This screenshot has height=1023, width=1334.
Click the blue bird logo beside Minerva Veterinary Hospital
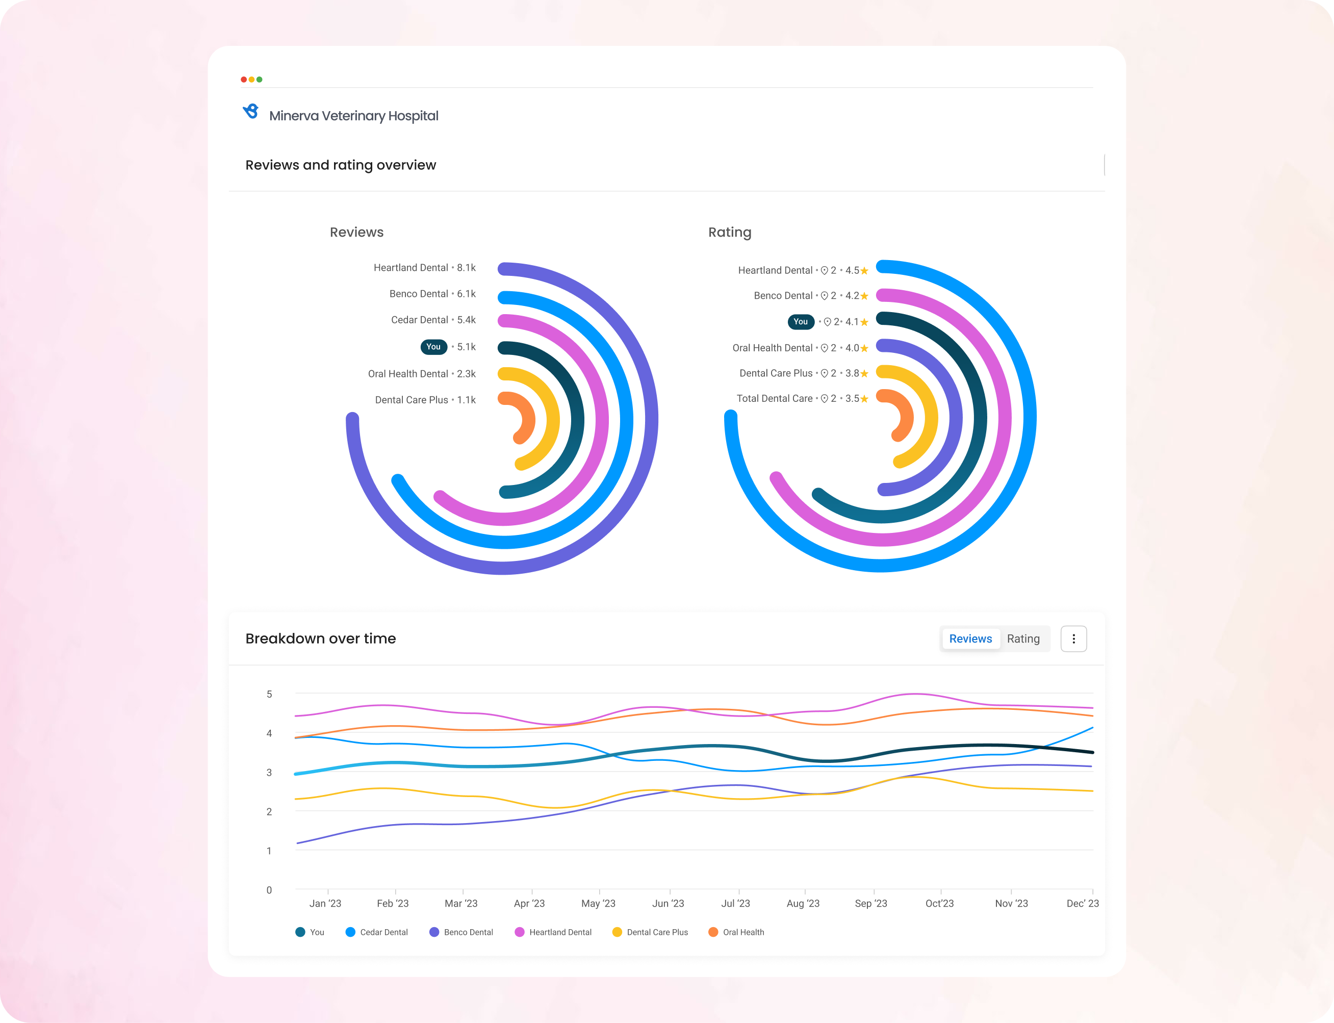click(251, 112)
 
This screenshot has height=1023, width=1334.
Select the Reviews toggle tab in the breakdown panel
click(970, 639)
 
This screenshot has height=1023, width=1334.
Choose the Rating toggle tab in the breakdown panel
click(1023, 639)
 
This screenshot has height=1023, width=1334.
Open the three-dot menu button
click(1073, 639)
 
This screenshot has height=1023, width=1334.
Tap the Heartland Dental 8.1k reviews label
click(424, 268)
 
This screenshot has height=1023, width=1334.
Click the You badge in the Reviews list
click(433, 347)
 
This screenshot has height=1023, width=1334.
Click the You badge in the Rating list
click(801, 321)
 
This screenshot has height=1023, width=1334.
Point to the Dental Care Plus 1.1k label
click(425, 400)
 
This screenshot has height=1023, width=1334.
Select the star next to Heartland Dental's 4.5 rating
click(864, 271)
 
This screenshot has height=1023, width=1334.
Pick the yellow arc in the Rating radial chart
click(929, 420)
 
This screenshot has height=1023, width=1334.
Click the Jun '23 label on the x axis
click(668, 904)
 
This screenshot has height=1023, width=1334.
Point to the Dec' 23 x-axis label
click(1082, 904)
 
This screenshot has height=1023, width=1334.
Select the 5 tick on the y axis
click(269, 694)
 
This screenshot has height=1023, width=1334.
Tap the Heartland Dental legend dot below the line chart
click(519, 932)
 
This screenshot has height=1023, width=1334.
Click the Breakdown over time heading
click(320, 639)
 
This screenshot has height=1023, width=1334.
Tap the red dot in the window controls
click(244, 80)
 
